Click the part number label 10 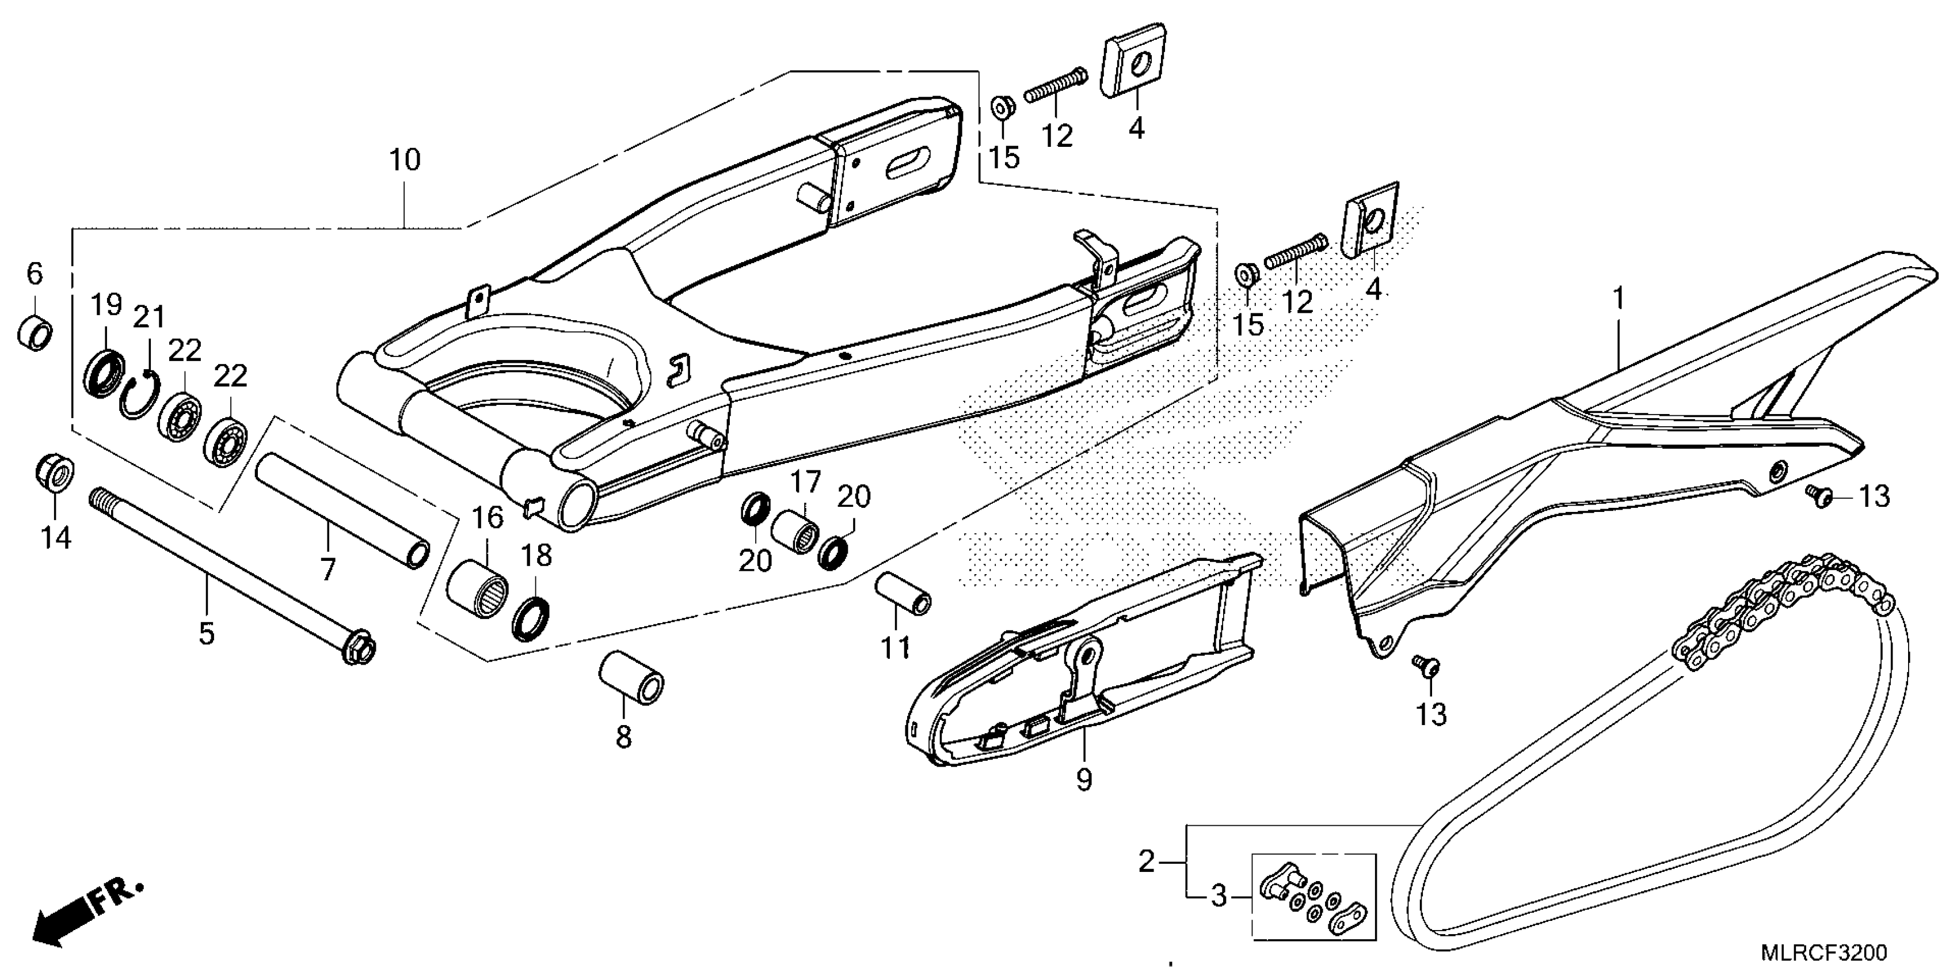[404, 160]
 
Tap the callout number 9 [1083, 779]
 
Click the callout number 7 [328, 568]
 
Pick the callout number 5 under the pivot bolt [207, 632]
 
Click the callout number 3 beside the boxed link [1219, 897]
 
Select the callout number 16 [488, 518]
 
